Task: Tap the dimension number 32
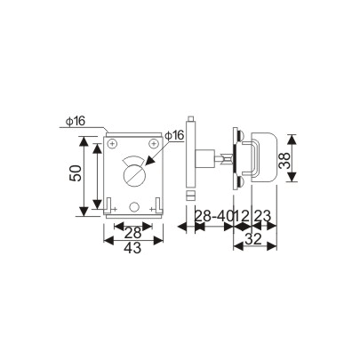[252, 237]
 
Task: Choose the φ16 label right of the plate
[175, 135]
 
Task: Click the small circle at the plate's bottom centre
[132, 206]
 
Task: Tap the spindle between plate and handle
[217, 160]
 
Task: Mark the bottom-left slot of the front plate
[108, 206]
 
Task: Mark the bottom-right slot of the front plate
[157, 206]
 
